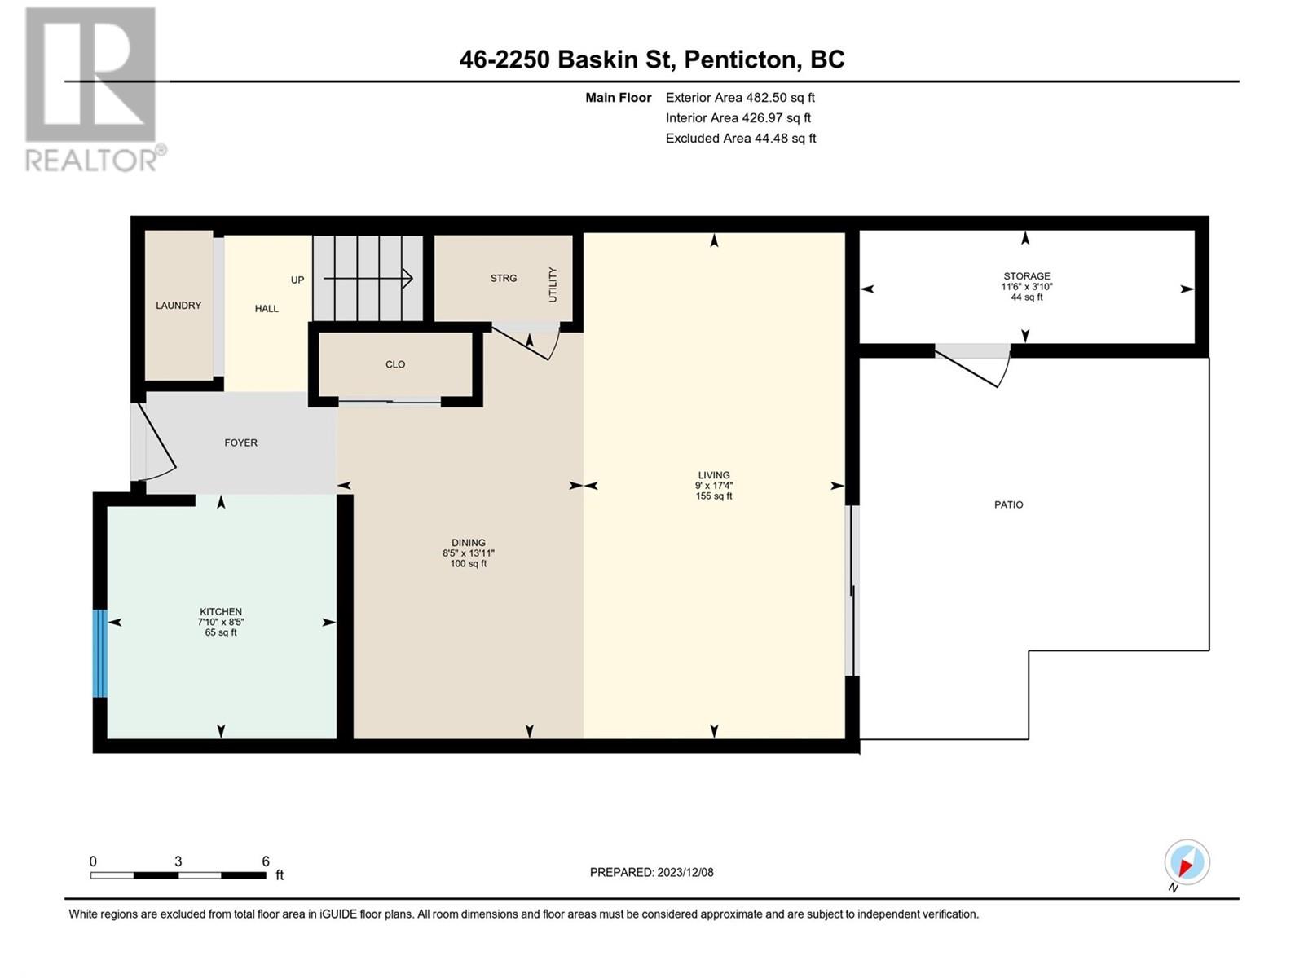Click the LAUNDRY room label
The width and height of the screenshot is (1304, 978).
click(178, 305)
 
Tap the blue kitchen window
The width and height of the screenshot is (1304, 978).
click(99, 653)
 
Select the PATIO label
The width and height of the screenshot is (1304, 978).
click(1009, 504)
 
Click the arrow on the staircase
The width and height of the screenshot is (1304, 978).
click(368, 278)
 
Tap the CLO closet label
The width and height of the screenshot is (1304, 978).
click(395, 364)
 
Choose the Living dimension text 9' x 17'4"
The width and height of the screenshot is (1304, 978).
click(714, 485)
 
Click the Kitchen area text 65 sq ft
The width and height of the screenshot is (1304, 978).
click(221, 632)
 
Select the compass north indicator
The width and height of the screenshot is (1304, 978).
click(1187, 862)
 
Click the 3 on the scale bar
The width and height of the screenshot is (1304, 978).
click(178, 861)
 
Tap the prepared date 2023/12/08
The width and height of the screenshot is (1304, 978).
click(685, 872)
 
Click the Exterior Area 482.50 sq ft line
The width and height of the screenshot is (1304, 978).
click(740, 97)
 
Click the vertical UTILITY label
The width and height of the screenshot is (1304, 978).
click(553, 285)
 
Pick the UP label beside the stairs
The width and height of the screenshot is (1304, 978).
click(297, 280)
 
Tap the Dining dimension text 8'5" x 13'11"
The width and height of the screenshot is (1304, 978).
click(468, 553)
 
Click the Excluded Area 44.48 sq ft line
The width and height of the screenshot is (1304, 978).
click(741, 139)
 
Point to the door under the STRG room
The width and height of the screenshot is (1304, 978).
click(526, 343)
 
